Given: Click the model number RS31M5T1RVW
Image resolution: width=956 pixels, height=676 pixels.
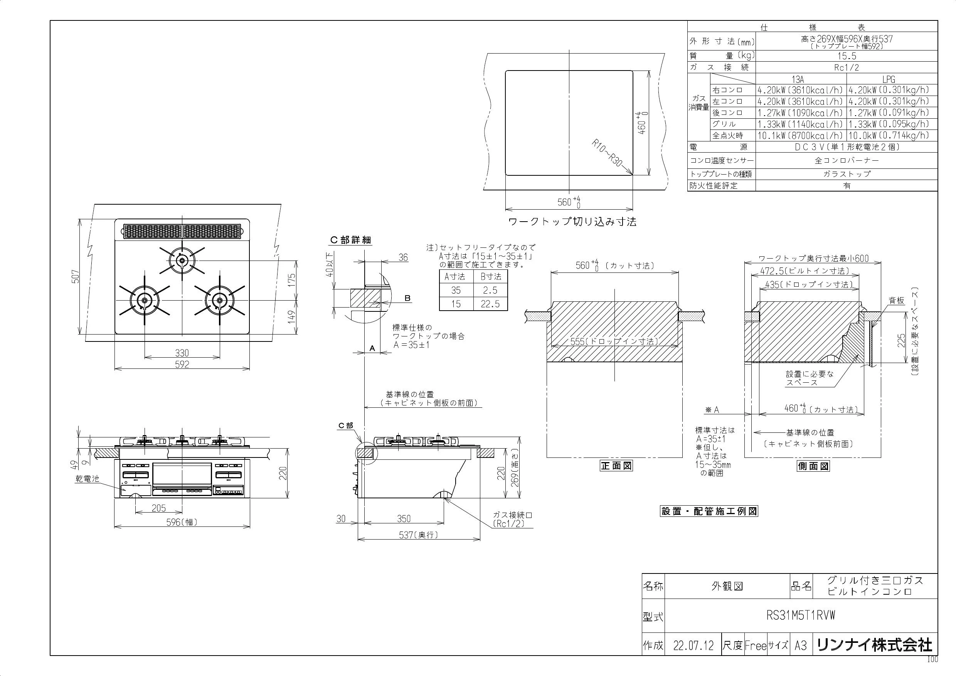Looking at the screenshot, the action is tap(801, 615).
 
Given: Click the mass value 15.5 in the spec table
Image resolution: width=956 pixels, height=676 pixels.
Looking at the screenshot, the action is tap(847, 56).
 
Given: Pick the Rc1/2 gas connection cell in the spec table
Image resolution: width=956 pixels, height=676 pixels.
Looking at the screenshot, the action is tap(847, 67).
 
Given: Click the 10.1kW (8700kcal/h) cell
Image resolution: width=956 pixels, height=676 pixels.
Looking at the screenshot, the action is tap(800, 135).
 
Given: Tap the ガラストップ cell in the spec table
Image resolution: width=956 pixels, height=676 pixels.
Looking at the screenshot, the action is tap(847, 174).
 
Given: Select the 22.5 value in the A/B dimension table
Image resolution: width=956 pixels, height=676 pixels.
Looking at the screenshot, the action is tap(490, 304).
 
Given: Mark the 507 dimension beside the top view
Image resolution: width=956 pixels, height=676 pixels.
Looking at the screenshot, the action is tap(76, 276).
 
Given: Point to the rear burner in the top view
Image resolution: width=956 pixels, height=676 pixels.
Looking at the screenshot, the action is tap(182, 261).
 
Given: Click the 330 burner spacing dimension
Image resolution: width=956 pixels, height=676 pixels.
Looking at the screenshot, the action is tap(182, 353).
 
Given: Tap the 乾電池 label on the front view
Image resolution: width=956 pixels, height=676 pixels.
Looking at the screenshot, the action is tap(87, 479).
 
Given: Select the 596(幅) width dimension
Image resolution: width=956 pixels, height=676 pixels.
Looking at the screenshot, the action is tap(182, 521).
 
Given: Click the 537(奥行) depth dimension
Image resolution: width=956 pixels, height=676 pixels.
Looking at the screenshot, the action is tap(419, 535).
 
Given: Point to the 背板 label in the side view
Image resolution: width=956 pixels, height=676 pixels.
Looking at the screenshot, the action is tap(897, 301).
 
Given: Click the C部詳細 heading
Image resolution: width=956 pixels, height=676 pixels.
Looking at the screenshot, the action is tap(350, 240).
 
